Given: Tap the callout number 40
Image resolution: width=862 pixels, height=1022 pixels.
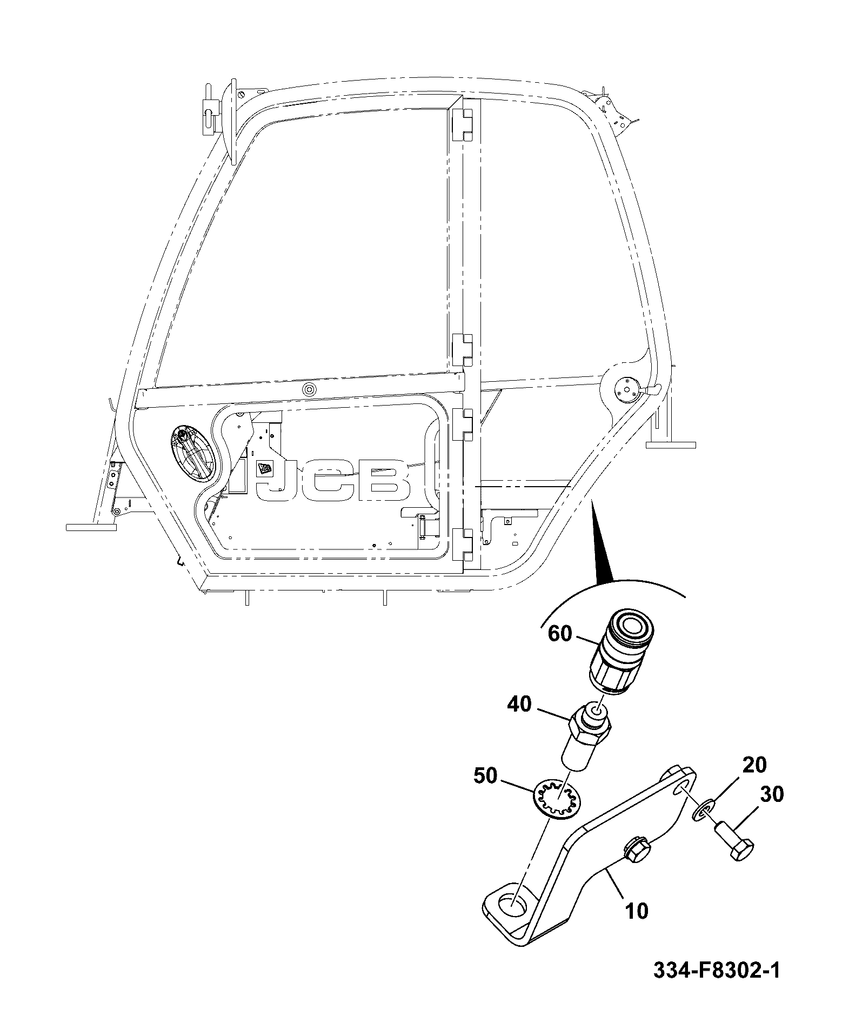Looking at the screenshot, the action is click(x=520, y=705).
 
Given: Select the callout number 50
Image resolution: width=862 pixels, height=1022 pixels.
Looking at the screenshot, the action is click(x=485, y=776).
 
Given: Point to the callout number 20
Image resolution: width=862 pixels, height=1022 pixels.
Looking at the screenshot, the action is click(x=754, y=765).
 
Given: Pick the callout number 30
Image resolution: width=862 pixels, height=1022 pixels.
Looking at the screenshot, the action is click(x=772, y=794).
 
